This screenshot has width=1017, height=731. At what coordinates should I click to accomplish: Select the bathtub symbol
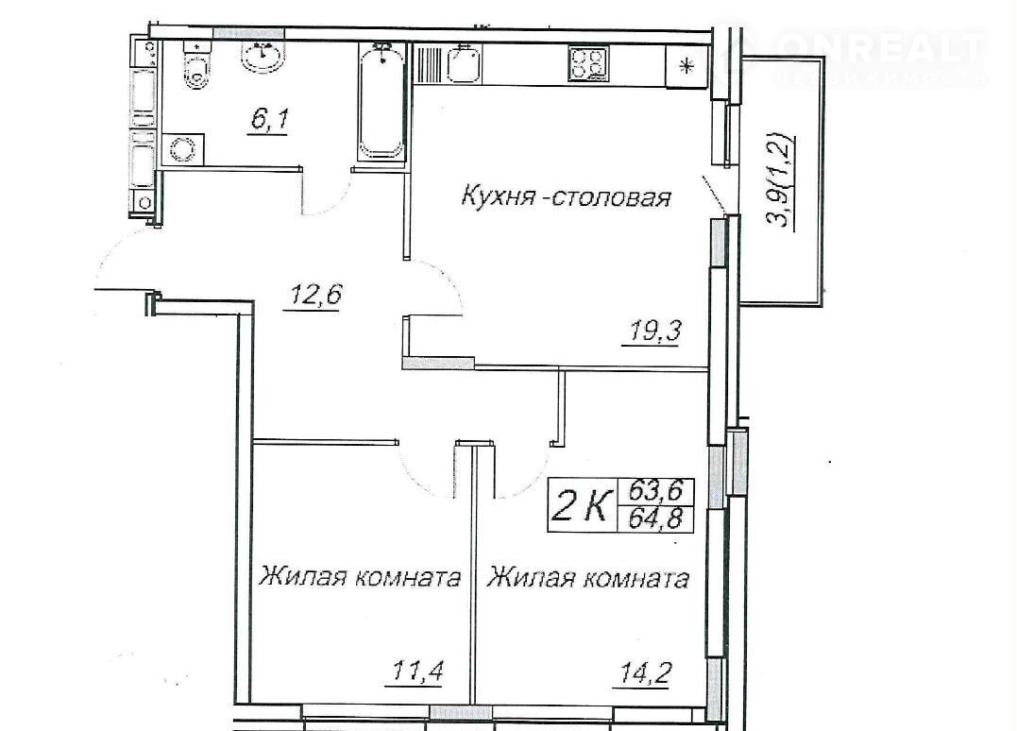382,100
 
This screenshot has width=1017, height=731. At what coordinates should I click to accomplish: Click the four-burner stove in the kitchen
589,63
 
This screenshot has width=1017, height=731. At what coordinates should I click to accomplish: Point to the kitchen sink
464,63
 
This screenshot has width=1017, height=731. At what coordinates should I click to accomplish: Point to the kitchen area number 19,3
653,331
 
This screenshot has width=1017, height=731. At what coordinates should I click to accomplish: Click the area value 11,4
416,671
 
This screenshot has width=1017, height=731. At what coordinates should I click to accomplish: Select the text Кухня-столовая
566,196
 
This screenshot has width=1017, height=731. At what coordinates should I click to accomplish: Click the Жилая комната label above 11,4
360,576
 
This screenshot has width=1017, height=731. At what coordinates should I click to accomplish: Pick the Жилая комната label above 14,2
587,577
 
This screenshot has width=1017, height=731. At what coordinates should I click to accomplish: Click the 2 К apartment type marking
582,505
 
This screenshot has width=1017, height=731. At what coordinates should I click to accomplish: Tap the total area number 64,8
655,518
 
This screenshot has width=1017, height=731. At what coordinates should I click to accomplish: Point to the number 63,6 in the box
655,490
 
